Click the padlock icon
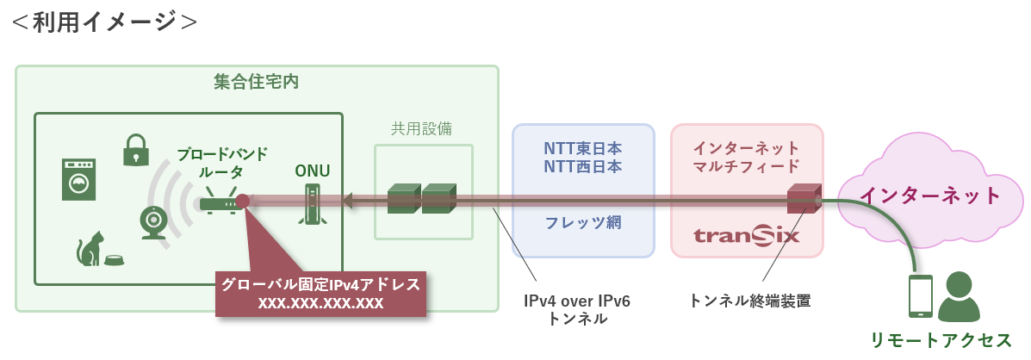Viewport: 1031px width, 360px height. pyautogui.click(x=134, y=150)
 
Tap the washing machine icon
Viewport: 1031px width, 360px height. pyautogui.click(x=79, y=178)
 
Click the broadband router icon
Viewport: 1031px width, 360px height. pyautogui.click(x=219, y=201)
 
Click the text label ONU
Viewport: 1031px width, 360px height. pyautogui.click(x=313, y=171)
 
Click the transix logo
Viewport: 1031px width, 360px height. pyautogui.click(x=747, y=234)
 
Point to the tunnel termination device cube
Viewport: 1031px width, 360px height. pyautogui.click(x=804, y=198)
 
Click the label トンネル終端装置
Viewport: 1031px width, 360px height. pyautogui.click(x=749, y=301)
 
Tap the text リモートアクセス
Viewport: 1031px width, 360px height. pyautogui.click(x=941, y=339)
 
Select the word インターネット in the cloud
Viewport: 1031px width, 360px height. pyautogui.click(x=930, y=196)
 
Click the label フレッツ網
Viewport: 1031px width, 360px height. pyautogui.click(x=583, y=222)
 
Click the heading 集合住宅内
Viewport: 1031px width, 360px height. pyautogui.click(x=257, y=82)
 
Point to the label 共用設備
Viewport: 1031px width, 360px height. pyautogui.click(x=421, y=128)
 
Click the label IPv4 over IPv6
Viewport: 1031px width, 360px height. pyautogui.click(x=576, y=301)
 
